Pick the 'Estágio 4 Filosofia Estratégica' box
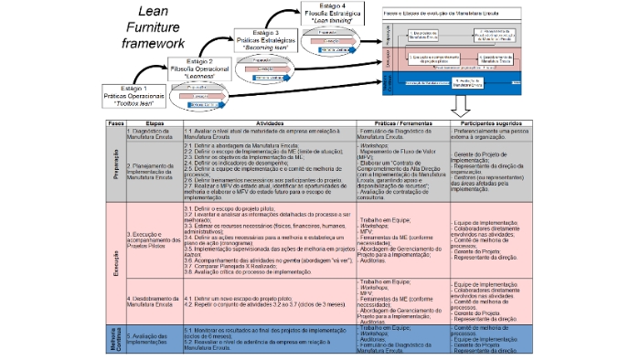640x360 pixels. point(327,15)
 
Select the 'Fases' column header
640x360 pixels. point(115,122)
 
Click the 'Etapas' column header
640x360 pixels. point(154,122)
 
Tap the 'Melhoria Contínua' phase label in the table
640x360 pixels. point(115,335)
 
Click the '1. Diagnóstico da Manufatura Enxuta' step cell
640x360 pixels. point(154,135)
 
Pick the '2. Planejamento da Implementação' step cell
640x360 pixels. point(154,170)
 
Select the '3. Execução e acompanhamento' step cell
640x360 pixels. point(154,239)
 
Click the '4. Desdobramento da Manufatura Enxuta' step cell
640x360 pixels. point(154,301)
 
